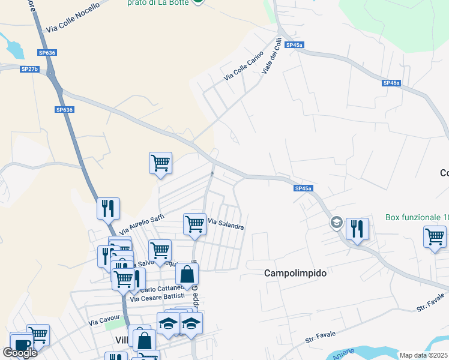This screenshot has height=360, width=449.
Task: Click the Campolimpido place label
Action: (x=295, y=273)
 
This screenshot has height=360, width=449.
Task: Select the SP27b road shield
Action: (x=29, y=69)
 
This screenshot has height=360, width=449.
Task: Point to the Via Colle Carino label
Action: (x=243, y=67)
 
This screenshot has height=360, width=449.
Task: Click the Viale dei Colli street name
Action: (x=272, y=56)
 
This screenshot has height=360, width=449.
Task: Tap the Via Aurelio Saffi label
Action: (x=142, y=224)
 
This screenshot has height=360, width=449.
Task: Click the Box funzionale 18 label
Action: (x=417, y=217)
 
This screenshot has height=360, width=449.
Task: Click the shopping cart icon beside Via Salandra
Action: (x=194, y=224)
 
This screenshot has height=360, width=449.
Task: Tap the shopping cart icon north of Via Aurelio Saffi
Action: (x=160, y=162)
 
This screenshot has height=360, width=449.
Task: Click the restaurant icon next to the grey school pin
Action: (x=357, y=227)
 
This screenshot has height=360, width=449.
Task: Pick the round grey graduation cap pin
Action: (x=336, y=223)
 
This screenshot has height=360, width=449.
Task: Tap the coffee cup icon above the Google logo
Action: (x=22, y=344)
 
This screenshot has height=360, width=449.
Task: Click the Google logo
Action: (x=20, y=353)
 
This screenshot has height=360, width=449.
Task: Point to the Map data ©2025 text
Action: (x=424, y=355)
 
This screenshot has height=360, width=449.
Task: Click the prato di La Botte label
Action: (x=157, y=3)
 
